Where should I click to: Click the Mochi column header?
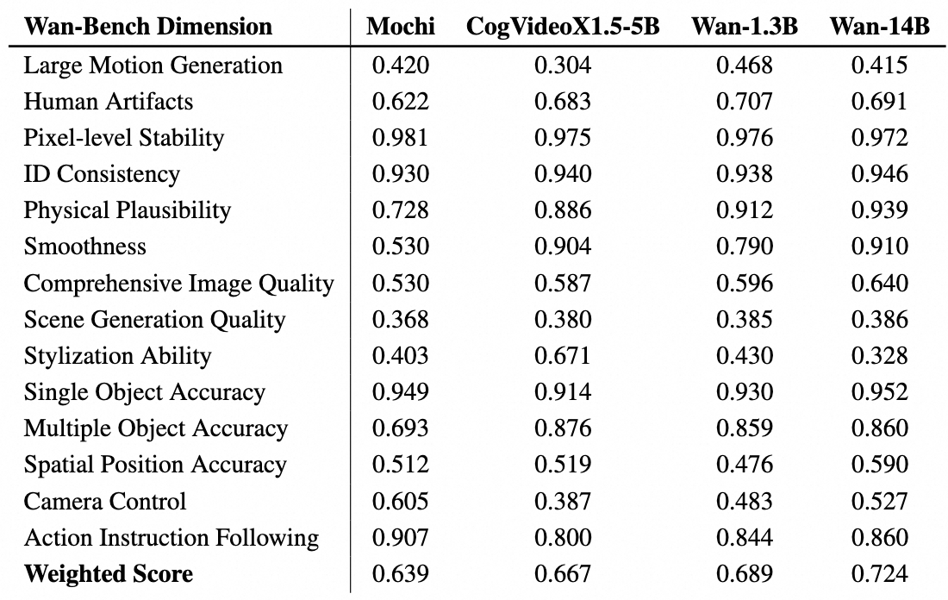pyautogui.click(x=401, y=27)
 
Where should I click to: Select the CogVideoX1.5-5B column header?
pyautogui.click(x=563, y=27)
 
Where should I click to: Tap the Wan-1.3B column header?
pyautogui.click(x=745, y=27)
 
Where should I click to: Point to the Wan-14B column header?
pyautogui.click(x=880, y=27)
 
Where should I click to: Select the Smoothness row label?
pyautogui.click(x=85, y=247)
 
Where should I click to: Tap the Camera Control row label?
pyautogui.click(x=105, y=501)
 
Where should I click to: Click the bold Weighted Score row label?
pyautogui.click(x=109, y=574)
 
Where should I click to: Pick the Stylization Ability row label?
pyautogui.click(x=117, y=356)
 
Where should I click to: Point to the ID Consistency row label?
pyautogui.click(x=102, y=174)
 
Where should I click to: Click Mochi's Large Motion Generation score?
pyautogui.click(x=401, y=65)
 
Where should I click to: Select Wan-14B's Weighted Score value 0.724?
pyautogui.click(x=880, y=574)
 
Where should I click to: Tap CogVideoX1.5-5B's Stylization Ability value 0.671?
pyautogui.click(x=563, y=356)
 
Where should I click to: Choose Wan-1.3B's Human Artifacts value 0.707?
pyautogui.click(x=745, y=102)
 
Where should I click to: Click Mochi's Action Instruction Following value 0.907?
pyautogui.click(x=401, y=538)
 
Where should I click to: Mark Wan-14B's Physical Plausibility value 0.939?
pyautogui.click(x=880, y=210)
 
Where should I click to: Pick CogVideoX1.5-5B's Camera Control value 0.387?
pyautogui.click(x=563, y=501)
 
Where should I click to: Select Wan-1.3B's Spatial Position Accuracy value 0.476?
pyautogui.click(x=745, y=465)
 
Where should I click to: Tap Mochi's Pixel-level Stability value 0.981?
pyautogui.click(x=401, y=138)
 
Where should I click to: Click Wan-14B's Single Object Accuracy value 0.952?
pyautogui.click(x=880, y=392)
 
